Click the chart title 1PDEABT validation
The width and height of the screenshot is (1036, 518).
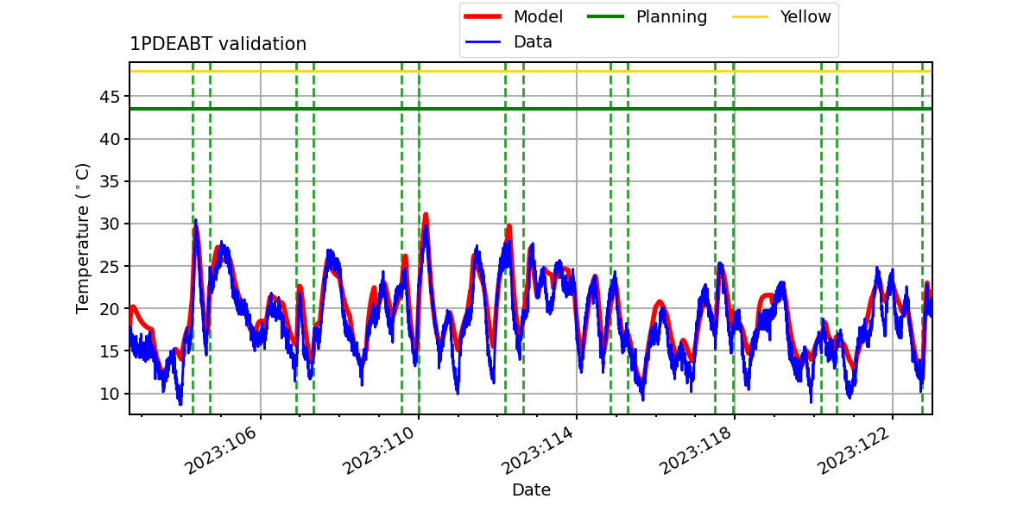218,44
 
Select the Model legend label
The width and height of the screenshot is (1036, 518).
538,16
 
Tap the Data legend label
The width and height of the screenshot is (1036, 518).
533,42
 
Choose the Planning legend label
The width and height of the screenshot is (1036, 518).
672,17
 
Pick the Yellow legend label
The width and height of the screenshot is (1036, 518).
805,16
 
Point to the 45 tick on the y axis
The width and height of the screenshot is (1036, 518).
110,97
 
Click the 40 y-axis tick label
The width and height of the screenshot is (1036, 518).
110,139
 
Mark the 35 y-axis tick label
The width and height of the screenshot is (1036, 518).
110,181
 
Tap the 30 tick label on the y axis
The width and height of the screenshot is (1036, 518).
110,224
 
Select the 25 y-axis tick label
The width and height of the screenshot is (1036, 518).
110,267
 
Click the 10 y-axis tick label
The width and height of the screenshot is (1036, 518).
110,394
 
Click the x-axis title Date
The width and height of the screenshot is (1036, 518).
532,490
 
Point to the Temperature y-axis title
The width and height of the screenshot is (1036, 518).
82,238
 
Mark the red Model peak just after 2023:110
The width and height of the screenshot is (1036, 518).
426,214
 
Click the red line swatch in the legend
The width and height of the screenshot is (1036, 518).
483,16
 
